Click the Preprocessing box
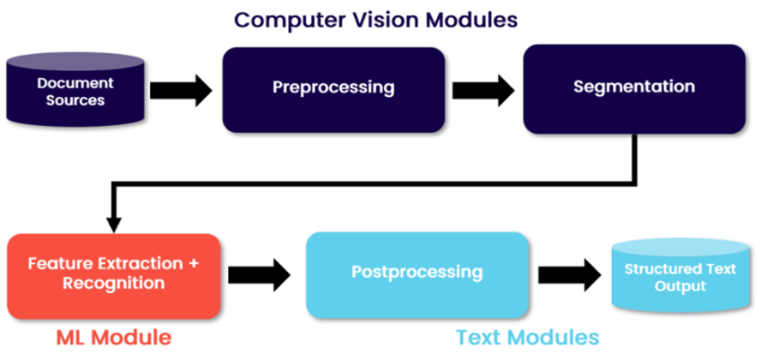tap(333, 89)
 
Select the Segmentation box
tap(633, 89)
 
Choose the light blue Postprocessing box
tap(416, 273)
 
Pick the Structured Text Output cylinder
tap(680, 276)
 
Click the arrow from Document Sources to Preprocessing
tap(180, 89)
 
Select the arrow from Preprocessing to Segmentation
tap(482, 89)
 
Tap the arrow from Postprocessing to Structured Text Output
tap(569, 274)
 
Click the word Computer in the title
tap(279, 19)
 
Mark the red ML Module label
tap(114, 337)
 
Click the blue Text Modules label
tap(526, 337)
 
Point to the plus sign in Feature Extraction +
tap(193, 263)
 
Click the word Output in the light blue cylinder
tap(680, 286)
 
